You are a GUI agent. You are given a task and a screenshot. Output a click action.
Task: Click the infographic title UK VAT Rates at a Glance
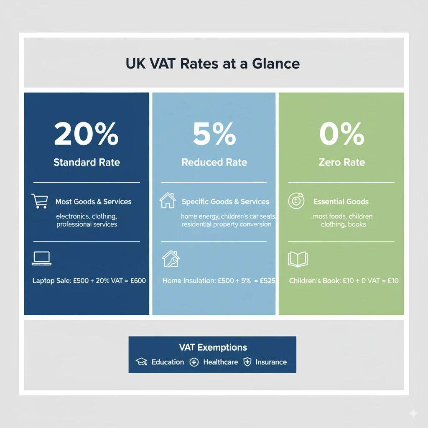pyautogui.click(x=213, y=64)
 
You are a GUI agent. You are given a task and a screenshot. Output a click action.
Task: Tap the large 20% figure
pyautogui.click(x=87, y=134)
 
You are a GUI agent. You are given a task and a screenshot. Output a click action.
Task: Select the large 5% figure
pyautogui.click(x=214, y=134)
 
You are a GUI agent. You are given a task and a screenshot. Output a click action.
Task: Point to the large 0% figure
pyautogui.click(x=341, y=134)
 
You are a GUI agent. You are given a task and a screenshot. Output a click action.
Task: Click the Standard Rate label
pyautogui.click(x=87, y=162)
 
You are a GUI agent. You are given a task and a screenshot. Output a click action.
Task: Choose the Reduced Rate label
pyautogui.click(x=214, y=162)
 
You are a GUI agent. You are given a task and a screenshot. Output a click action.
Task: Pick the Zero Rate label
pyautogui.click(x=341, y=162)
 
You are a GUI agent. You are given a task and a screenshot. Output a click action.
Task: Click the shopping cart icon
pyautogui.click(x=40, y=201)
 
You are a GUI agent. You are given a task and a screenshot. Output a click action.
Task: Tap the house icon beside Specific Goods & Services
pyautogui.click(x=168, y=201)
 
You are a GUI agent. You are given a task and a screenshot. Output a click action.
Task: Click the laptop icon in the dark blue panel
pyautogui.click(x=41, y=258)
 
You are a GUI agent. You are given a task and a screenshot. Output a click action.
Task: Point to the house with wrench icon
pyautogui.click(x=171, y=259)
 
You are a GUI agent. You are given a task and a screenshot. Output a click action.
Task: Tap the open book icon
pyautogui.click(x=298, y=259)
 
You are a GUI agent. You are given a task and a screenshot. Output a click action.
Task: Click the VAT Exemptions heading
pyautogui.click(x=212, y=347)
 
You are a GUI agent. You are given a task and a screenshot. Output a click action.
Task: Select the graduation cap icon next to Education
pyautogui.click(x=142, y=362)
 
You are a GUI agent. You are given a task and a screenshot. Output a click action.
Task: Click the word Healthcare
pyautogui.click(x=220, y=362)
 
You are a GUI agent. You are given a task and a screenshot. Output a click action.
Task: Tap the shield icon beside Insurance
pyautogui.click(x=247, y=362)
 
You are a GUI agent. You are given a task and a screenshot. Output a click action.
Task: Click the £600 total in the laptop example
pyautogui.click(x=138, y=280)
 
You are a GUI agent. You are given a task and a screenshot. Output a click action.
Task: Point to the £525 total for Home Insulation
pyautogui.click(x=267, y=280)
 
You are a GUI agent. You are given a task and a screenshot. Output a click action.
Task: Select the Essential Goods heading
pyautogui.click(x=341, y=201)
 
